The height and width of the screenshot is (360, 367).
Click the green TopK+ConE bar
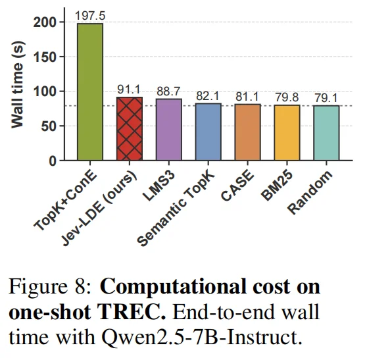point(90,92)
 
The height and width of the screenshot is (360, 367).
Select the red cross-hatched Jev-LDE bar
point(130,128)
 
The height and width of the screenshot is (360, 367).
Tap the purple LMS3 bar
point(169,130)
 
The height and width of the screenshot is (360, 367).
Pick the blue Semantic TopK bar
point(208,132)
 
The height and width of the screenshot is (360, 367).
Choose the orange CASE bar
point(248,132)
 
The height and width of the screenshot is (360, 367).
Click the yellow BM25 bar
point(287,133)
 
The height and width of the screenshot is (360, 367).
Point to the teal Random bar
point(326,133)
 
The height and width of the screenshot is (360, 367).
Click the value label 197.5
point(90,16)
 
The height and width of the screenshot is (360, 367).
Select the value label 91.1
point(129,90)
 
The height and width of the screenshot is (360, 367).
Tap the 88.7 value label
point(168,91)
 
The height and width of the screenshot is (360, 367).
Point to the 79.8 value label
point(287,97)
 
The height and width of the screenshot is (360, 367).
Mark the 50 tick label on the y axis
point(49,126)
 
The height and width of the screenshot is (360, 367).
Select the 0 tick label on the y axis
point(53,161)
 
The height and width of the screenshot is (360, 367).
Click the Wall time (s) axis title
point(18,84)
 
